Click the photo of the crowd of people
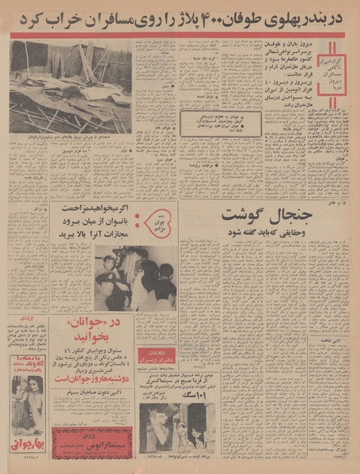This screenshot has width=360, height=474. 135,277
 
